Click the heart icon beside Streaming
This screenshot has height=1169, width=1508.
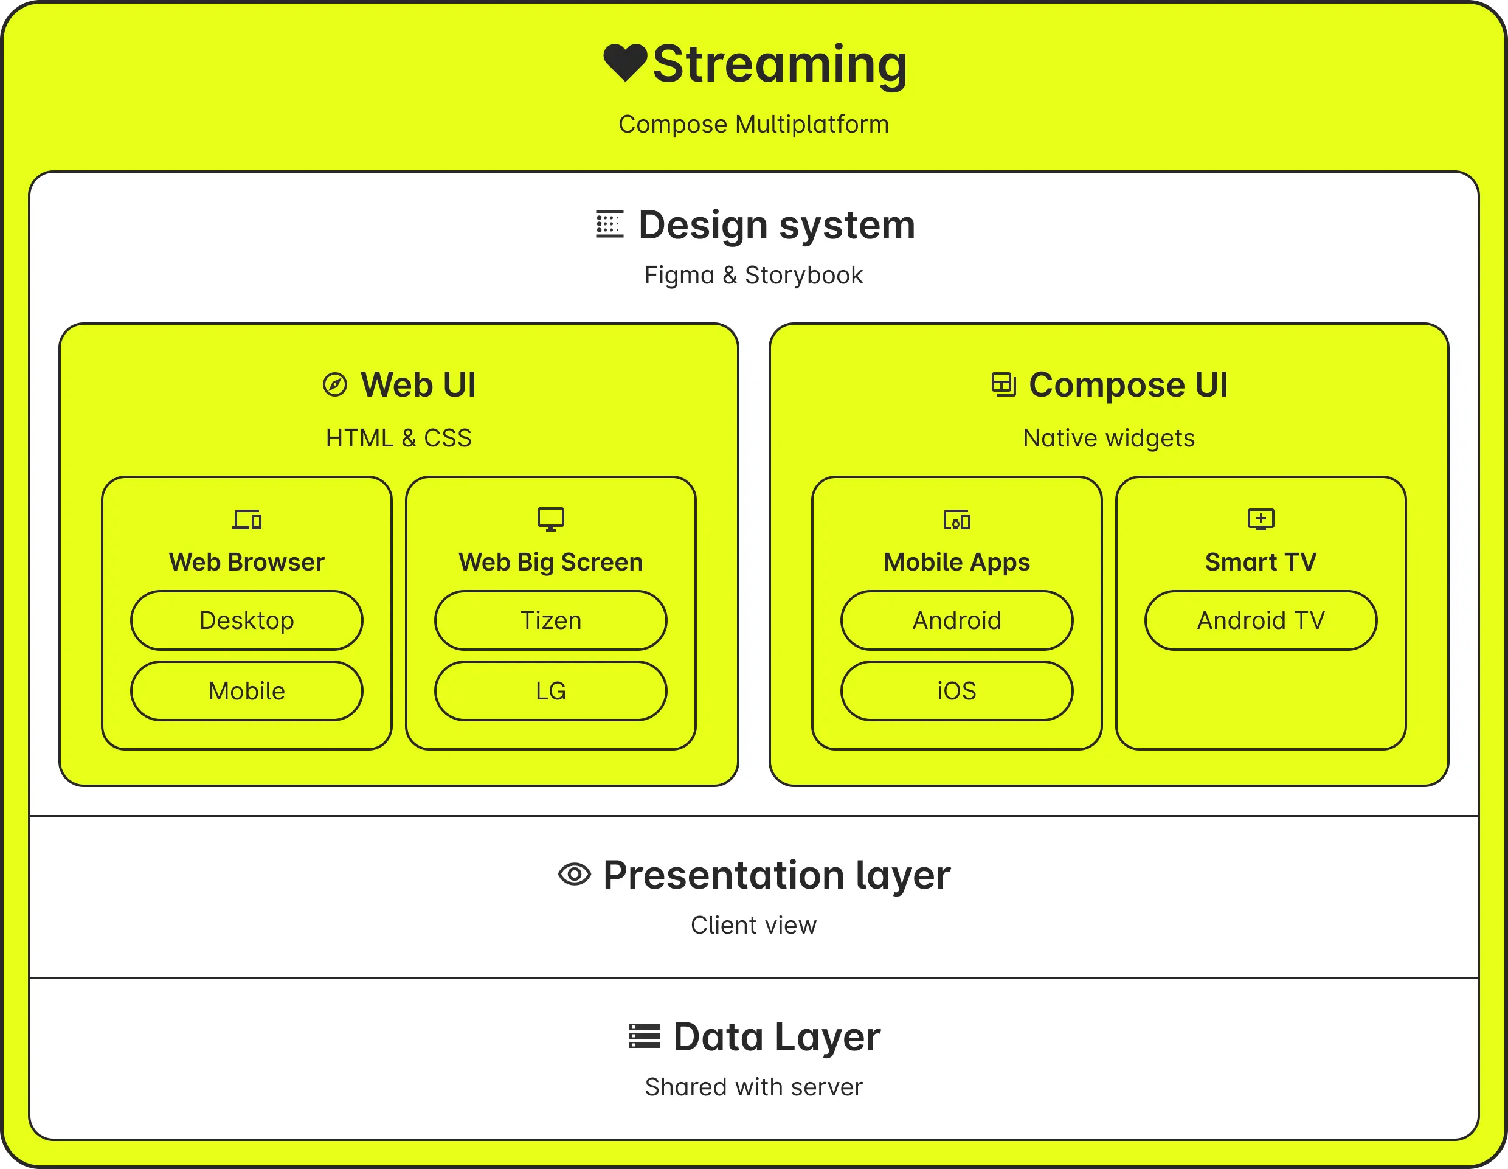[625, 62]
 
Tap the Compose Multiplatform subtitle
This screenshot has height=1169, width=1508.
[753, 124]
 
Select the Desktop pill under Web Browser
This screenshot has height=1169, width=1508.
[246, 620]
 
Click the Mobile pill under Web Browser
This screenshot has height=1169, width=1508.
[246, 690]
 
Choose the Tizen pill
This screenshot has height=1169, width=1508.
[550, 620]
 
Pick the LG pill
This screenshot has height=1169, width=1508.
[550, 690]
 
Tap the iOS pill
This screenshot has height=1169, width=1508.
[956, 690]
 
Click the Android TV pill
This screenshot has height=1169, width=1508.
[1260, 620]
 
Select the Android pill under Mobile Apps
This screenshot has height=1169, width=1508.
[956, 620]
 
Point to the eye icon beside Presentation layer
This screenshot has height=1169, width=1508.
[574, 874]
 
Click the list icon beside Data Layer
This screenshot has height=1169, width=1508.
[644, 1036]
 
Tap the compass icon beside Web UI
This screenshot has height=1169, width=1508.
[335, 384]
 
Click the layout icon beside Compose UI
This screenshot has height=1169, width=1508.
[1003, 384]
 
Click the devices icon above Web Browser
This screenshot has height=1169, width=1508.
[246, 519]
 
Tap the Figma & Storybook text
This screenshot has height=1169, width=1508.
[753, 275]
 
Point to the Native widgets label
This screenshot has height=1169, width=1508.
[1109, 438]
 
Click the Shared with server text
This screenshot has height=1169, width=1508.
[753, 1087]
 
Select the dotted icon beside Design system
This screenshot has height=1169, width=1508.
[609, 224]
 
